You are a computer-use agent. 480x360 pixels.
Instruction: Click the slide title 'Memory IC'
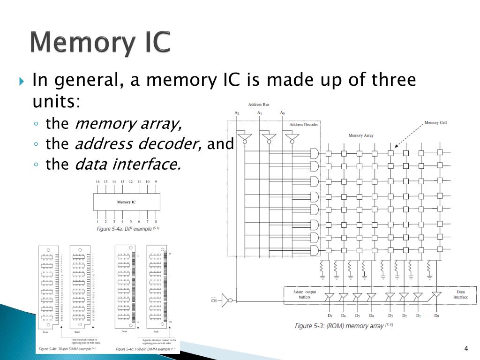(100, 43)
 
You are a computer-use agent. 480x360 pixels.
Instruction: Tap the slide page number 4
(466, 348)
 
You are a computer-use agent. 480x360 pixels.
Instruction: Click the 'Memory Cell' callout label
(435, 123)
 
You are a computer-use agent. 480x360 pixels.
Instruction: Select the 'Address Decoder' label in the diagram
(304, 125)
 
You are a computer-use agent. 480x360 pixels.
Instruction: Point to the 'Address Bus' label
(258, 104)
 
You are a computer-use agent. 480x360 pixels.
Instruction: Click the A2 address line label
(237, 113)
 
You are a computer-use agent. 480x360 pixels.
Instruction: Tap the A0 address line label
(282, 113)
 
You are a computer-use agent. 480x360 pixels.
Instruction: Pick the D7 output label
(330, 316)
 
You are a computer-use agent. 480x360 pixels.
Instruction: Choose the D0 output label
(436, 316)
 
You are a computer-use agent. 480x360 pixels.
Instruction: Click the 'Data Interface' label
(460, 294)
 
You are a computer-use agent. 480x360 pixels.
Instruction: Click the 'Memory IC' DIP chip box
(127, 202)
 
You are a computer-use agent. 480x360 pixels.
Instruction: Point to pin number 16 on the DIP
(97, 181)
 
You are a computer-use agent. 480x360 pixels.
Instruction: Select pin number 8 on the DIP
(156, 222)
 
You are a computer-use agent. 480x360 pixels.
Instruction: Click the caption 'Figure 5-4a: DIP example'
(128, 229)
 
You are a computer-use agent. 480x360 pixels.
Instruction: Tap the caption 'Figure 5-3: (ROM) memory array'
(344, 326)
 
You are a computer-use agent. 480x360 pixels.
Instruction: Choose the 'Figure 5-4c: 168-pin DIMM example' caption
(145, 349)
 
